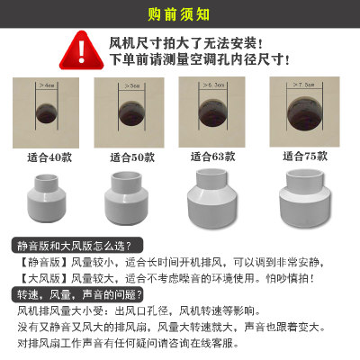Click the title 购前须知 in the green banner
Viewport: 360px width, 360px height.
point(179,15)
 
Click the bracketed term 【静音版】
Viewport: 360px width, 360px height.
point(34,262)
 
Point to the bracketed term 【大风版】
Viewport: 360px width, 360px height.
point(34,278)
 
